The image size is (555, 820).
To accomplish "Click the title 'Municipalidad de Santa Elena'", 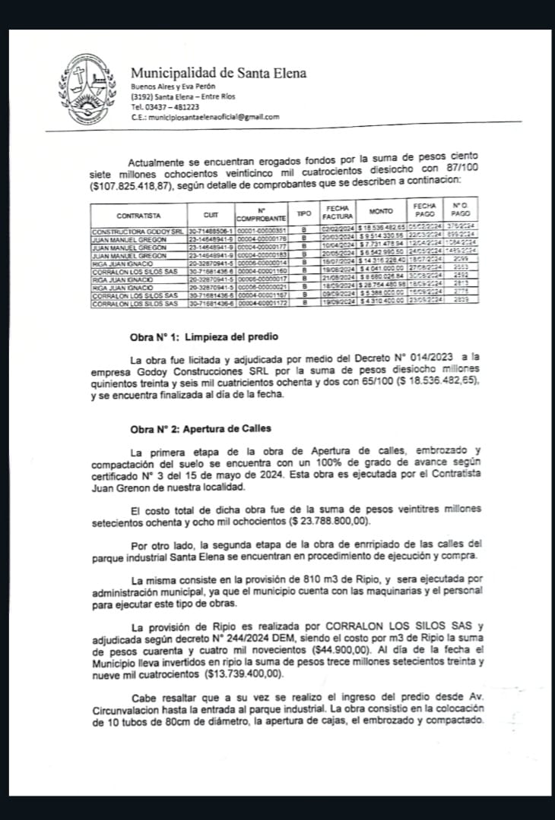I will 219,74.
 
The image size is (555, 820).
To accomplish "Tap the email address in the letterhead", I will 203,117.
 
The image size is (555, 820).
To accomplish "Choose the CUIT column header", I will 211,215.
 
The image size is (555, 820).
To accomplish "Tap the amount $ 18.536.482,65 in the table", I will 382,229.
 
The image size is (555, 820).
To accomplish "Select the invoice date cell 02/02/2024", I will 337,229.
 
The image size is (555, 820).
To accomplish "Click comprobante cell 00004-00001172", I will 262,304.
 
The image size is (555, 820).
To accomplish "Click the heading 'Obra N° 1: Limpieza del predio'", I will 205,336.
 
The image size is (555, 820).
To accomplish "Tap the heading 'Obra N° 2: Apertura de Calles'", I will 200,430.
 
